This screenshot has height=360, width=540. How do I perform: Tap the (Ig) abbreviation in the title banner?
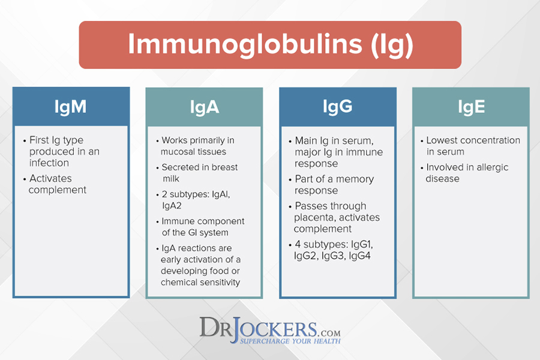(x=392, y=45)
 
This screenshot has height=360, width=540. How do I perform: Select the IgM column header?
(x=70, y=106)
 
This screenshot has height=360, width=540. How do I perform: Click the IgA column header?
(x=205, y=107)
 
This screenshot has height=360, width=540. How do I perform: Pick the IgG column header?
(x=337, y=106)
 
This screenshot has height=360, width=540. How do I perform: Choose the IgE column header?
(x=471, y=107)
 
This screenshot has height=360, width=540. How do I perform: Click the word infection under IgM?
(x=49, y=163)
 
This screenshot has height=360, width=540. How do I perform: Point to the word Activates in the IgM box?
(x=50, y=178)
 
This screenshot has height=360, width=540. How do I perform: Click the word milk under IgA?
(x=171, y=178)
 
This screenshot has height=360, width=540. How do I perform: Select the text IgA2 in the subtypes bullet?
(x=172, y=206)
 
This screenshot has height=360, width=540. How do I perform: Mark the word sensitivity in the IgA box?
(x=220, y=282)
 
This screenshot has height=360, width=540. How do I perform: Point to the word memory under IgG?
(x=355, y=179)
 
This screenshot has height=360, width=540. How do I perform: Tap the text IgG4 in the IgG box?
(x=359, y=256)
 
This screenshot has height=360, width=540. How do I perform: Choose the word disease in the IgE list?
(x=443, y=178)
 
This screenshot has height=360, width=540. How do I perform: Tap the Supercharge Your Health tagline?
(x=290, y=341)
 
